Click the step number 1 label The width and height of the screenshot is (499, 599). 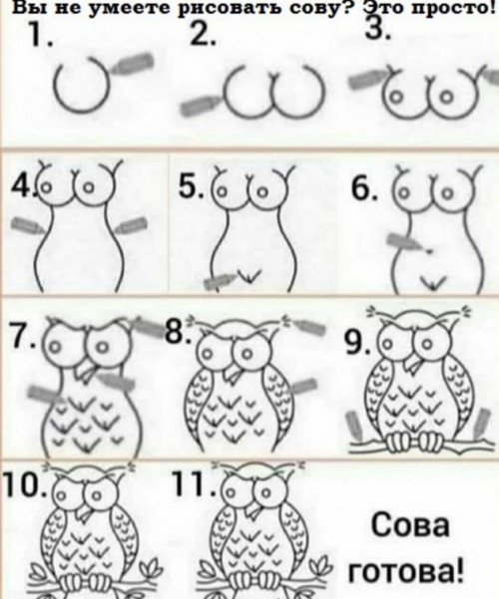tap(39, 36)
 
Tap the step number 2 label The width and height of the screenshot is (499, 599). tap(203, 36)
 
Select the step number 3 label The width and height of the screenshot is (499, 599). tap(377, 29)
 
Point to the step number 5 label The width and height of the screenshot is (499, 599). tap(191, 187)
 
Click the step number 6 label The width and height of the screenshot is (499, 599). tap(364, 189)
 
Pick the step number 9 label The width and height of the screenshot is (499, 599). tap(357, 343)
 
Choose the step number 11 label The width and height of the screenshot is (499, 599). tap(193, 483)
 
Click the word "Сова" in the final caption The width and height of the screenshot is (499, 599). tap(409, 525)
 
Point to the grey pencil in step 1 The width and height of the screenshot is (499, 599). tap(133, 64)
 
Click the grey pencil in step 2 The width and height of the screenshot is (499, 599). tap(200, 105)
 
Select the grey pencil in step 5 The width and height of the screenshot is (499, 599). tap(219, 281)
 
